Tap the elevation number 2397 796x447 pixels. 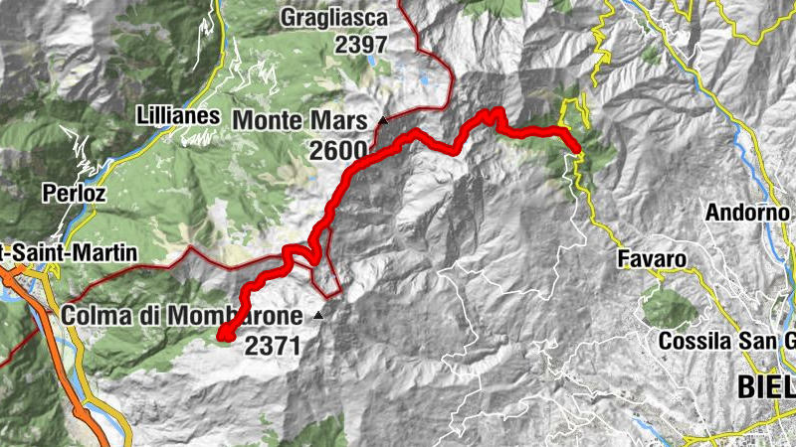tap(361, 44)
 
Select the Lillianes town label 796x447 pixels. tap(178, 115)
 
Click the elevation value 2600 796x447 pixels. tap(337, 149)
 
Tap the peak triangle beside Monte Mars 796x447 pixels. tap(382, 120)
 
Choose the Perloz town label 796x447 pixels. tap(74, 191)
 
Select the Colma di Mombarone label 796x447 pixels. tap(181, 315)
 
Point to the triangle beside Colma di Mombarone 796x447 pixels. tap(318, 315)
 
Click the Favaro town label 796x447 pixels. tap(653, 260)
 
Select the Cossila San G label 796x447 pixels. tap(726, 342)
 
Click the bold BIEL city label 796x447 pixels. tap(765, 385)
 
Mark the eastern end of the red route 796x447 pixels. tap(576, 149)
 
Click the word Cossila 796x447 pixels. tap(695, 342)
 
